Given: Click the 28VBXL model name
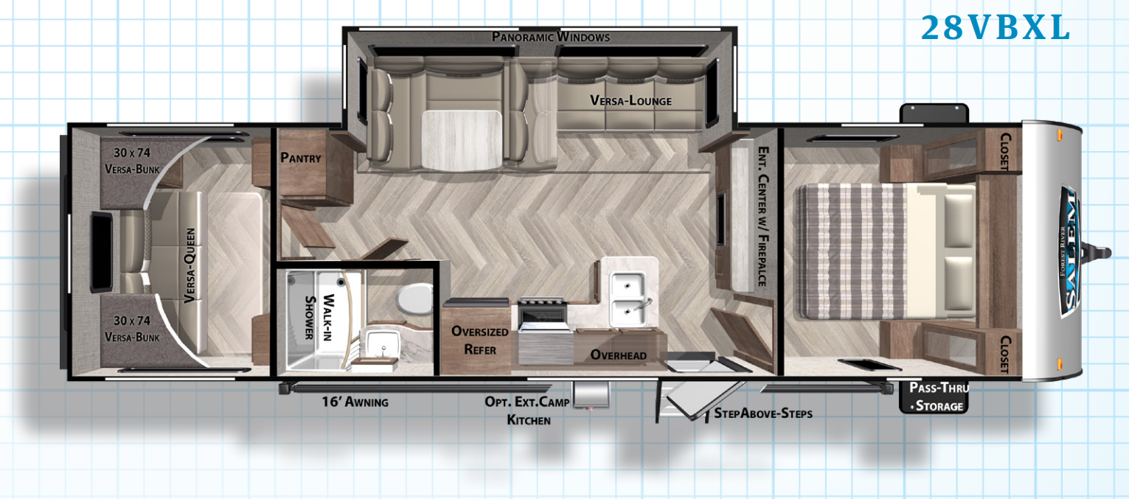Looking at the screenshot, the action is pos(996,27).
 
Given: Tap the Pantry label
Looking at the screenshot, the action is pos(301,158).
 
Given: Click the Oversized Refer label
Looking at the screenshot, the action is pos(480,341).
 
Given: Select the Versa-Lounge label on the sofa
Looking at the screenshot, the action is pos(630,101).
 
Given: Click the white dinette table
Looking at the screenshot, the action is pos(461,140).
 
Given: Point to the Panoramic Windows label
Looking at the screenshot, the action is pos(551,37).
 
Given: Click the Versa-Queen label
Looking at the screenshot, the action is pos(190,265).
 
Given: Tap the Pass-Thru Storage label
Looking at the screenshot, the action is pos(939,397).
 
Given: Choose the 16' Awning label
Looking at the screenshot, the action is pos(355,401).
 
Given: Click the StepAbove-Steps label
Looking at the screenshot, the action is pos(763,413).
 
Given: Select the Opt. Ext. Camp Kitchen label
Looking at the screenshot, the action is pos(528,411).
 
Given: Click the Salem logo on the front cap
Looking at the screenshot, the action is pos(1069,252).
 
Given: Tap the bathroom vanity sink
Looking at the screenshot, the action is pos(383,344).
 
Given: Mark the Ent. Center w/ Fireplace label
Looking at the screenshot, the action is pos(763,216).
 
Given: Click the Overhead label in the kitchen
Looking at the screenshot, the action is pos(619,355).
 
